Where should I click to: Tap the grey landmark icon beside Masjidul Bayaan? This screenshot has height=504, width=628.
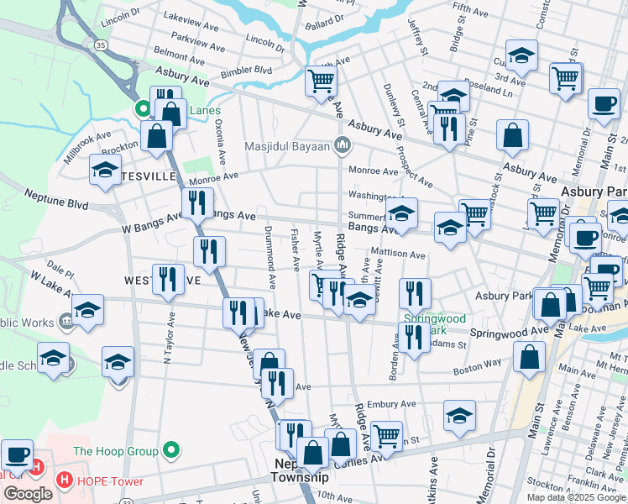pos(341,146)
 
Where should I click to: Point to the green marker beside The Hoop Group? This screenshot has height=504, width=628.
pos(171,451)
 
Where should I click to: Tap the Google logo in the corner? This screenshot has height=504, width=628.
pos(28,494)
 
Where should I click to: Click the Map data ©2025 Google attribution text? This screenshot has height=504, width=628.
pos(576,497)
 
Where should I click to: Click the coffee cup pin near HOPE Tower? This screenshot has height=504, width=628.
pos(17,454)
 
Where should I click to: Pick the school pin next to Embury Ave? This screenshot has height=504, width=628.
pos(459,415)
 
